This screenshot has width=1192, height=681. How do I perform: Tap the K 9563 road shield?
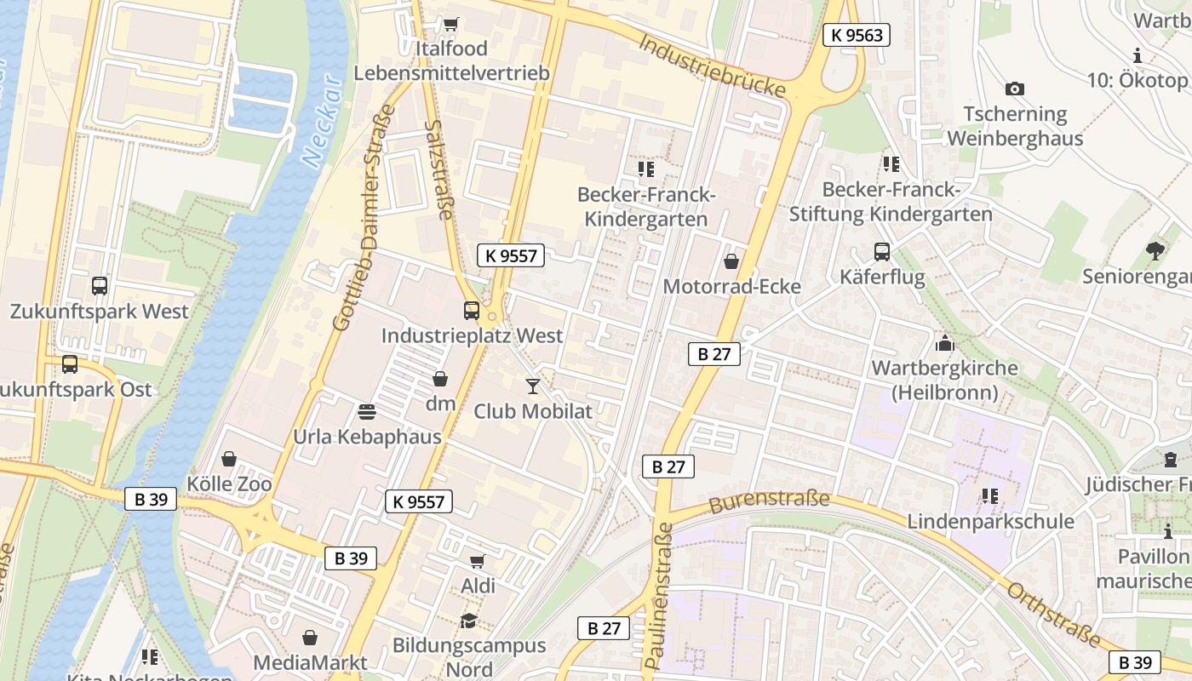coord(857,35)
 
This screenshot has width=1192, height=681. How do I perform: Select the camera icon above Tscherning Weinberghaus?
coord(1014,89)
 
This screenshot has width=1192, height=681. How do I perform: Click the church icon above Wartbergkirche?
coord(943,344)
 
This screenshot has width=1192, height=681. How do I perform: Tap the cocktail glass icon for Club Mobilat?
coord(533,386)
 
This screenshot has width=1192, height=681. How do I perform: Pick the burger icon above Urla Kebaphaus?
coord(367,412)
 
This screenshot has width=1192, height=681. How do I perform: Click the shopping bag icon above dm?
coord(440,379)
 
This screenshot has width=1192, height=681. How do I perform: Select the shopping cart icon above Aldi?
coord(478,561)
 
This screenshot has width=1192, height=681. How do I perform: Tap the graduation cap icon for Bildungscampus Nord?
coord(468,621)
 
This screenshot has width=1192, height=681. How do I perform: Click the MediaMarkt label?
coord(311,662)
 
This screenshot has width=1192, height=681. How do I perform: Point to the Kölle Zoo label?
coord(229,484)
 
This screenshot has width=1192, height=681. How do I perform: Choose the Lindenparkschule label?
coord(990,521)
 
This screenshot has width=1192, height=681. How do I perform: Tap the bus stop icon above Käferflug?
coord(881,252)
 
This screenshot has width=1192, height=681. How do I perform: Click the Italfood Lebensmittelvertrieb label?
coord(451,60)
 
